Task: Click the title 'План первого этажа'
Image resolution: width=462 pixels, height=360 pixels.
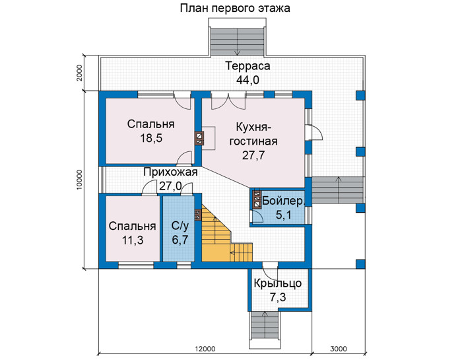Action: point(235,8)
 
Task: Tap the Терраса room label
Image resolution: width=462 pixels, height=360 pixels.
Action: point(247,66)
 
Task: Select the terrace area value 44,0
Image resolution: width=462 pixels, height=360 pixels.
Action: point(247,80)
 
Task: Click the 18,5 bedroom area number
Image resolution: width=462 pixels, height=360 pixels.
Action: point(151,138)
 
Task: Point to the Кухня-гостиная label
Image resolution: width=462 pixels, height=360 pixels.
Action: point(253,134)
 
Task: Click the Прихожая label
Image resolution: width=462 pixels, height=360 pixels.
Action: point(170,172)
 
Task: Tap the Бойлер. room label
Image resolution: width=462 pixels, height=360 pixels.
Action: point(283,201)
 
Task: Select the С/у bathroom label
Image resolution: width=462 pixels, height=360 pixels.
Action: point(180,226)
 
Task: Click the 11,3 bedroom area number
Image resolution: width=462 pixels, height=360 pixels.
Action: point(133,240)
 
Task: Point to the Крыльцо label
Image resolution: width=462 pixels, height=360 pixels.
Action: point(278,283)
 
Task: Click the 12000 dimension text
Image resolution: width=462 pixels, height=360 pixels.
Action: point(205,349)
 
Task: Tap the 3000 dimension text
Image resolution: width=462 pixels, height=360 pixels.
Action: point(338,349)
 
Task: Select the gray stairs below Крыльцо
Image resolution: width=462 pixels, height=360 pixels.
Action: point(264,326)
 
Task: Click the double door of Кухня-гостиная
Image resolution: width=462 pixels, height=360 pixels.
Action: point(228,101)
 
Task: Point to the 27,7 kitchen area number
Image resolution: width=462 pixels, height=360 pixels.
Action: point(253,155)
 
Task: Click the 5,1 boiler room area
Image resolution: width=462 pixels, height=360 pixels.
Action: point(283,215)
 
